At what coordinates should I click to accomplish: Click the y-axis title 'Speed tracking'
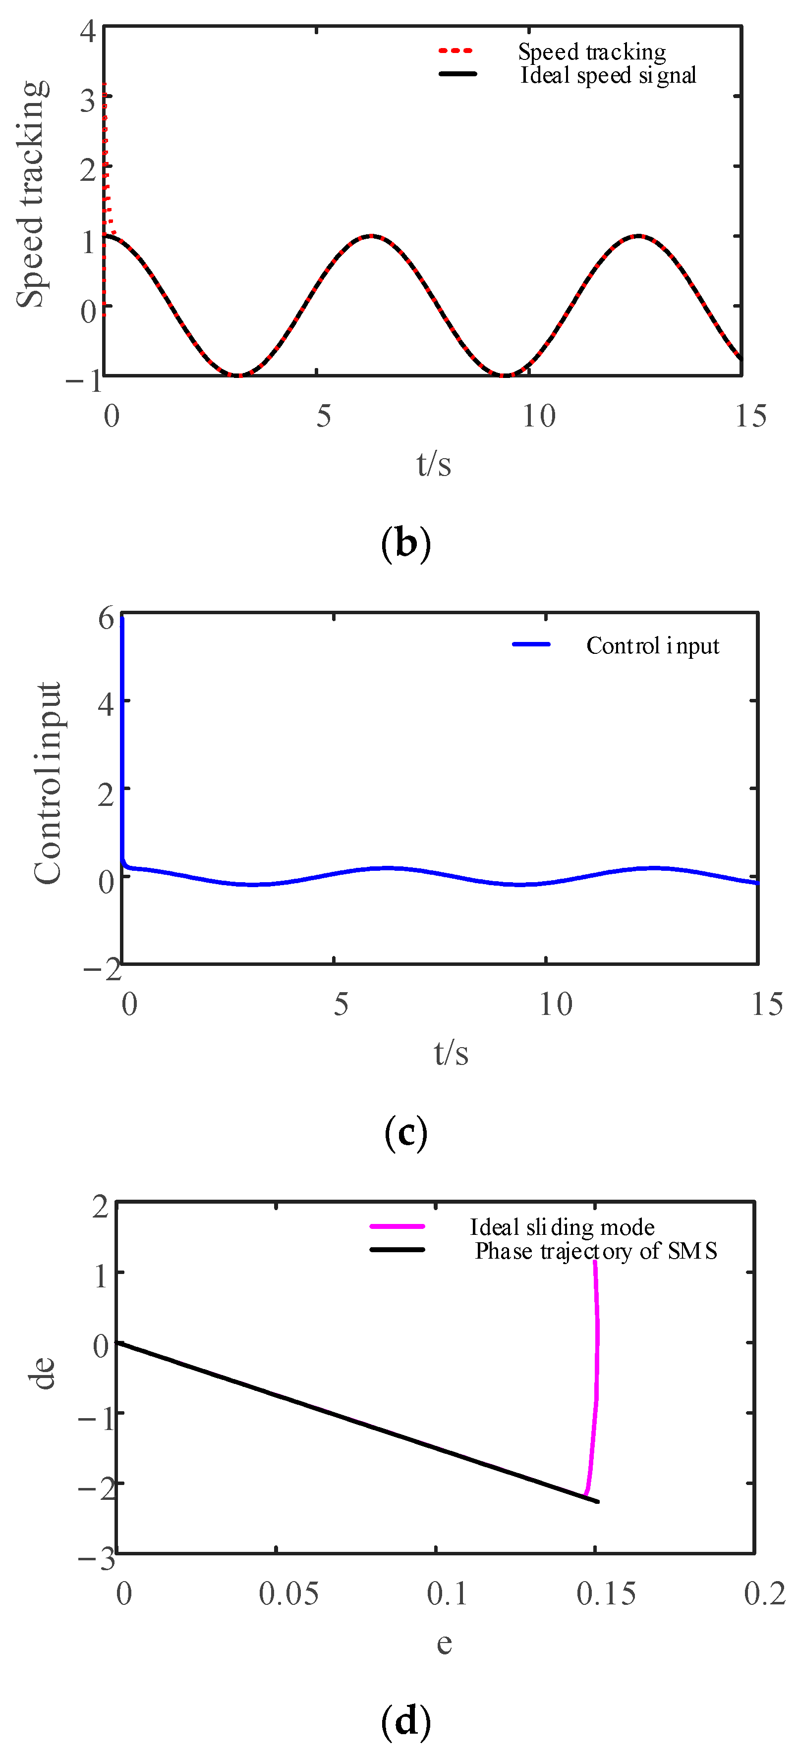pos(32,194)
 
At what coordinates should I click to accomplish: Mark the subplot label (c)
pos(406,1132)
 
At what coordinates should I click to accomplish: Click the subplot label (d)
pos(406,1720)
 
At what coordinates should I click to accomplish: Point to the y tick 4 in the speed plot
pos(88,31)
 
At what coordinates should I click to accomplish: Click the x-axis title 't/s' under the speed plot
pos(433,464)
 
